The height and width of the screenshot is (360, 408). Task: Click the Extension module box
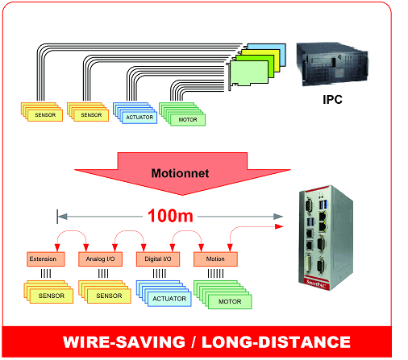click(x=46, y=259)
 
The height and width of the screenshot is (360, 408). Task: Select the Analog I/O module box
click(x=100, y=259)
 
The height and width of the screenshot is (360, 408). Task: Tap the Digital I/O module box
click(x=158, y=259)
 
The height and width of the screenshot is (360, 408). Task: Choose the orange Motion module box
click(x=215, y=259)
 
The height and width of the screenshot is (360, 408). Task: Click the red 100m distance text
click(x=170, y=216)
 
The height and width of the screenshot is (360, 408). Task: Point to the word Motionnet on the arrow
click(x=180, y=173)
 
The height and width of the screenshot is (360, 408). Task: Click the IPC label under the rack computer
click(x=332, y=100)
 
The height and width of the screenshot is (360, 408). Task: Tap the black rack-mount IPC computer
click(x=332, y=64)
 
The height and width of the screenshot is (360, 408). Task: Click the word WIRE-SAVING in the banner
click(x=124, y=342)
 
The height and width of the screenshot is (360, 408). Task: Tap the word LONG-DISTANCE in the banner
click(x=276, y=342)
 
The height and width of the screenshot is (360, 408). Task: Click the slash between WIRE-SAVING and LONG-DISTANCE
click(x=194, y=342)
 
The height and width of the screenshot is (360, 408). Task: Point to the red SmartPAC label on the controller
click(x=316, y=283)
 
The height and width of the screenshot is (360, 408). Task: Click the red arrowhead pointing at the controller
click(x=279, y=226)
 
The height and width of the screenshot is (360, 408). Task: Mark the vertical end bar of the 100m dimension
click(x=57, y=217)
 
